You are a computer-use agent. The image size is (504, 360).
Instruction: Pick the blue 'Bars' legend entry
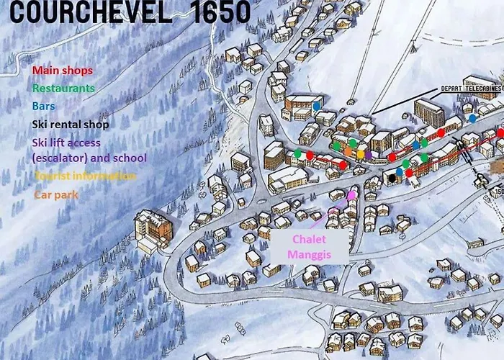click(x=43, y=106)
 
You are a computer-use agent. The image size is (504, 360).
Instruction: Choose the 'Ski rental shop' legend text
click(x=71, y=124)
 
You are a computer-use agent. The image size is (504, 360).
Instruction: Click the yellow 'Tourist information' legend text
click(x=84, y=176)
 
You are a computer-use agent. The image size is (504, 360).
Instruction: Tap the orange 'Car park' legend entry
click(x=55, y=194)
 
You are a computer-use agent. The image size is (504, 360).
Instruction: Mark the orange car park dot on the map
click(x=348, y=153)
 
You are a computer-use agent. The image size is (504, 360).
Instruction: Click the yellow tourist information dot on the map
click(x=360, y=154)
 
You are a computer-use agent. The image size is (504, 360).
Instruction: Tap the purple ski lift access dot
click(x=369, y=154)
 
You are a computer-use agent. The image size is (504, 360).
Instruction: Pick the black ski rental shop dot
click(x=392, y=177)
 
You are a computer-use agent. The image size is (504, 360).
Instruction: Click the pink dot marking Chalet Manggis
click(x=351, y=194)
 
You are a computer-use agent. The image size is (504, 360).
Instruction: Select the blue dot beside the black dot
click(x=399, y=171)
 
